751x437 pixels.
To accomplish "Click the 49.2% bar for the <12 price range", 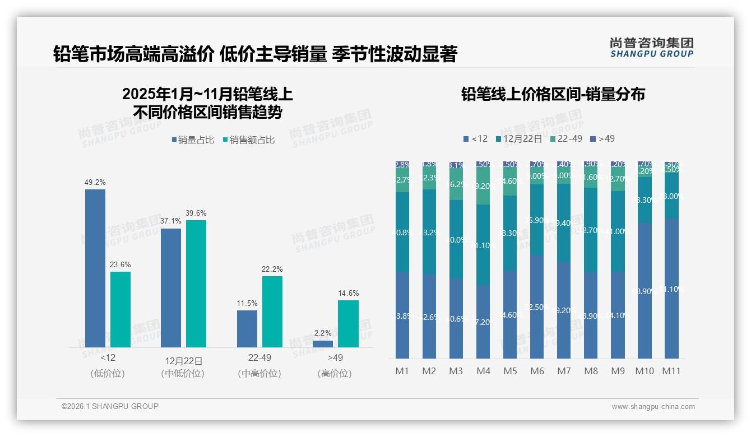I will pos(95,268).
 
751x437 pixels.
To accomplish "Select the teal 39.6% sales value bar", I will pos(196,283).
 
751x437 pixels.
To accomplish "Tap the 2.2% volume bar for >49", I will pos(323,343).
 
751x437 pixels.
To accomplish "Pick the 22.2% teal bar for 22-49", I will pos(272,312).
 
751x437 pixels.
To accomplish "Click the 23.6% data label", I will pos(120,264).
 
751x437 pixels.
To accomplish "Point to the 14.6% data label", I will pos(348,293).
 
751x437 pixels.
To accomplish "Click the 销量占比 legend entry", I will pos(193,140).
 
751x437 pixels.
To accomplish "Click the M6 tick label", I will pos(537,371).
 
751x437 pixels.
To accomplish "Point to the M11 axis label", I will pos(671,371).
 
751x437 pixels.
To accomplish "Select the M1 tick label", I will pos(402,371).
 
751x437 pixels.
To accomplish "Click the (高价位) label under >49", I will pos(335,373).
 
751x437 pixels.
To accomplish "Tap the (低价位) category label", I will pos(108,373).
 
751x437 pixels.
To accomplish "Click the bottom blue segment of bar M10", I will pos(644,291).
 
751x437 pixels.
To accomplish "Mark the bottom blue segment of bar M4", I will pos(483,322).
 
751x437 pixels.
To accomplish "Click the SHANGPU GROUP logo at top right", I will pos(651,48).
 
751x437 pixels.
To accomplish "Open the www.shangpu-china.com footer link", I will pos(653,407).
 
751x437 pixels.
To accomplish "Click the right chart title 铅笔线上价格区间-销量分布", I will pos(553,94).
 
